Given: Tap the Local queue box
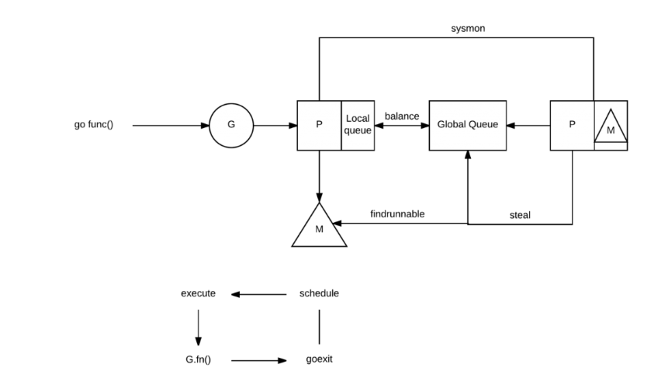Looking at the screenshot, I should coord(358,125).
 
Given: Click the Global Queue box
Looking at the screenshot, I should coord(468,125).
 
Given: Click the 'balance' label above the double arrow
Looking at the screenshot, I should coord(402,116).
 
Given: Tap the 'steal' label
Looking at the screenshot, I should coord(520,215).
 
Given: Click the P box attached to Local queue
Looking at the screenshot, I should coord(319,125).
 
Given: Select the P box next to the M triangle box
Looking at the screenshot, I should coord(572,125).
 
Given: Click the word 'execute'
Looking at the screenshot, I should coord(198,293).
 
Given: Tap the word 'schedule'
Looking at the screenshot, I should coord(319,293).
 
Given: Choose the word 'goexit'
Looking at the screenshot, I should coord(319,360).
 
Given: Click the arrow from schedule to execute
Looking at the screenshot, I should coord(259,294).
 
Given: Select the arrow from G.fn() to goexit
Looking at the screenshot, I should coord(259,361).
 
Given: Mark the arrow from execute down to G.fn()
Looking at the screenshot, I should coord(198,327).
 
